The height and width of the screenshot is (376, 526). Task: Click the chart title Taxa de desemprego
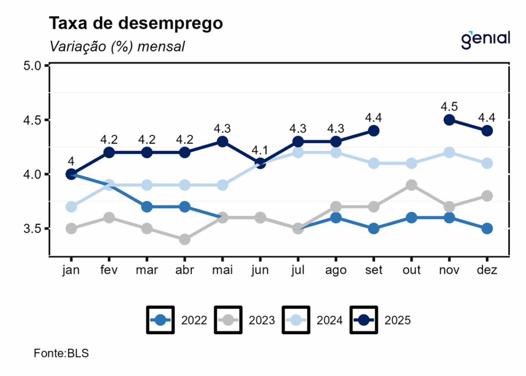click(136, 24)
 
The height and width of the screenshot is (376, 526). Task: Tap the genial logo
click(485, 39)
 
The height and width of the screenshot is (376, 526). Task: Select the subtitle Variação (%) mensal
click(117, 46)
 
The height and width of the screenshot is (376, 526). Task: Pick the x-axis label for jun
click(260, 271)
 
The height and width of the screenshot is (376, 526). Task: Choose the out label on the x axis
click(411, 271)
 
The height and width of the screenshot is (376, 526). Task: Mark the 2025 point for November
click(449, 120)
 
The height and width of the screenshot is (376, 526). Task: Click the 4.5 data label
click(449, 106)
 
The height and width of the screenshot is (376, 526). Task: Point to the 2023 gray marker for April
click(184, 239)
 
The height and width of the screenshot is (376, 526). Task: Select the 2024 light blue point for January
click(71, 207)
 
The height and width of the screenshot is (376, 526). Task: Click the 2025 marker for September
click(373, 131)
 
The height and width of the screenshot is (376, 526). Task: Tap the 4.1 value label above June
click(260, 150)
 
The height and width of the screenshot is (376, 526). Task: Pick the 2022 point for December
click(487, 228)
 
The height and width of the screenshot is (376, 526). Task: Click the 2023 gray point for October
click(411, 185)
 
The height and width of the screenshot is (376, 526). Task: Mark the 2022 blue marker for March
click(146, 207)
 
